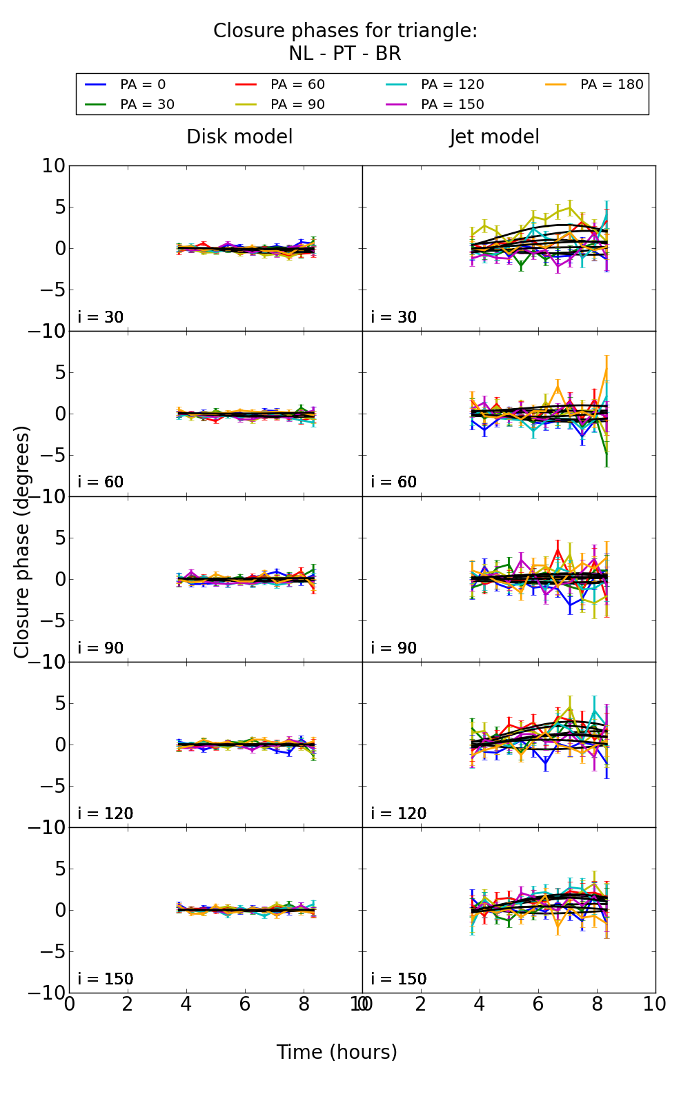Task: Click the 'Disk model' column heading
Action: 239,137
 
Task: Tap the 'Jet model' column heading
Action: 494,137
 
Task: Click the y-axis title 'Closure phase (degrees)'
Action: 22,541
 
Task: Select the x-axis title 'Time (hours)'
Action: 337,1052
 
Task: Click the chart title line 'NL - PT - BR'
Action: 345,54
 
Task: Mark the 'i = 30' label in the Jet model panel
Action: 393,317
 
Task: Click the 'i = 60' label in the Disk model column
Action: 100,482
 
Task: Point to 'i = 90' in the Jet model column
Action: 393,648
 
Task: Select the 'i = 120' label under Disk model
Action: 105,813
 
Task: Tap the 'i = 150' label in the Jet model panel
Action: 398,979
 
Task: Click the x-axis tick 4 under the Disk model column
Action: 186,1004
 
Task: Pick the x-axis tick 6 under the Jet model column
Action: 538,1004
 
